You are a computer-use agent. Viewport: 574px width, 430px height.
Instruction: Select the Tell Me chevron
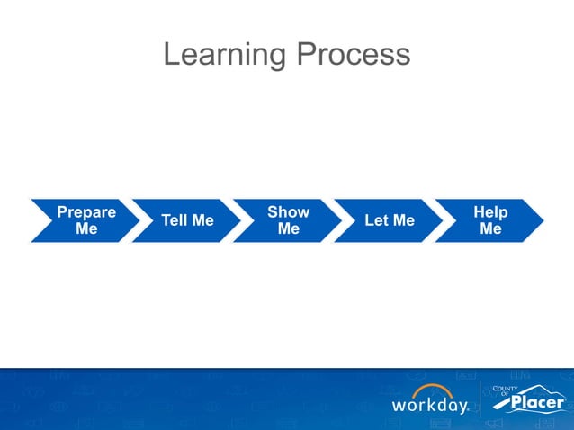187,221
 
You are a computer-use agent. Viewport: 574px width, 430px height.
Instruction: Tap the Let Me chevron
389,221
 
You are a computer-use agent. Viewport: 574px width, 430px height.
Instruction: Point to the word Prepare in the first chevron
86,212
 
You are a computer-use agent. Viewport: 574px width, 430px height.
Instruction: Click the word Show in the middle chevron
288,212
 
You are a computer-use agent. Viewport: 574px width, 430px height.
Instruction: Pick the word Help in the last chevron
490,212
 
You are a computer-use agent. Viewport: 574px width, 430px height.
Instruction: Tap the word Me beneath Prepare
86,229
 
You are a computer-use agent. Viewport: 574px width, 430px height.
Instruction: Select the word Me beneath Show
288,229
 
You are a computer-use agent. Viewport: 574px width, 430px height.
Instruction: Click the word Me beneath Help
490,229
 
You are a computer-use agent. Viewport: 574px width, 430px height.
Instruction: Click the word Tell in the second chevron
175,221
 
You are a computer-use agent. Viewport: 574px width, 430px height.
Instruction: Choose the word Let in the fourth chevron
377,221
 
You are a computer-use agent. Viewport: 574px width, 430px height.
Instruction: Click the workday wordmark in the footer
429,406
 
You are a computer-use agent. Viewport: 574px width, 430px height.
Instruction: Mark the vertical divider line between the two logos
480,399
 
